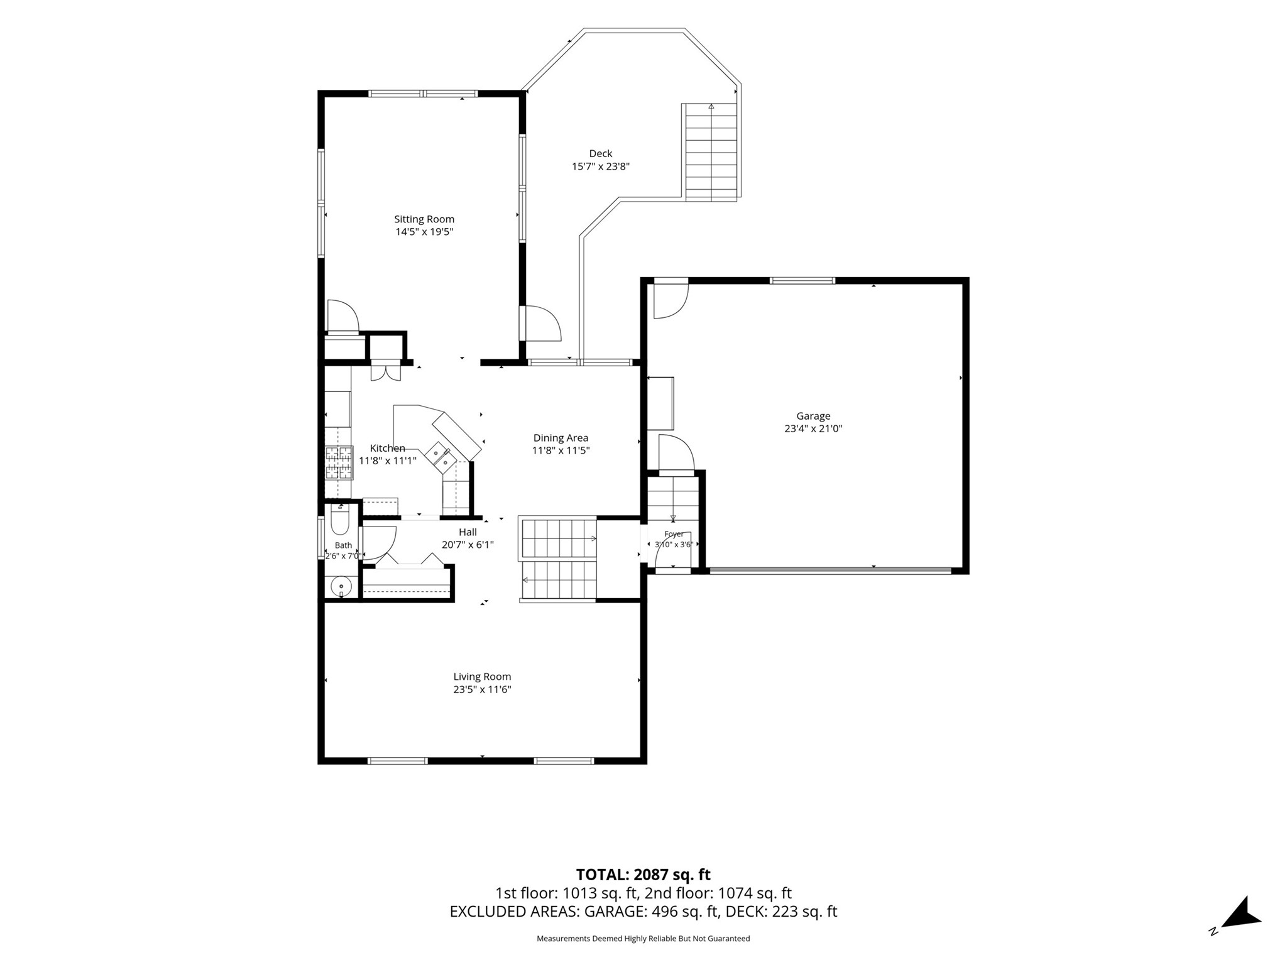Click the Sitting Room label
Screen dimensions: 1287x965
[424, 219]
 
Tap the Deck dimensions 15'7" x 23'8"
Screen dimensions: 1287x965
[601, 166]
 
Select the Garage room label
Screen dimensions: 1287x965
[813, 416]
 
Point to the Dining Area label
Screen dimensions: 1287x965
[561, 438]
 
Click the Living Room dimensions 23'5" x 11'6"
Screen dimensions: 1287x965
[482, 689]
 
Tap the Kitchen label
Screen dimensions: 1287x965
[387, 448]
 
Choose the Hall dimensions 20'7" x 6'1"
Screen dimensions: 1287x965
[468, 545]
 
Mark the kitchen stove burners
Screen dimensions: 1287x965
[338, 463]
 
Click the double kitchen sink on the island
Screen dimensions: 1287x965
[441, 457]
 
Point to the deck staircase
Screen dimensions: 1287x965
[711, 153]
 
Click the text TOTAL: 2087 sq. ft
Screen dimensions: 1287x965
[643, 875]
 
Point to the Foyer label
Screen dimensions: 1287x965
[674, 534]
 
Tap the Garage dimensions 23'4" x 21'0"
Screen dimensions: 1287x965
[813, 428]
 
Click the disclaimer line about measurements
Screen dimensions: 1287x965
[643, 939]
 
